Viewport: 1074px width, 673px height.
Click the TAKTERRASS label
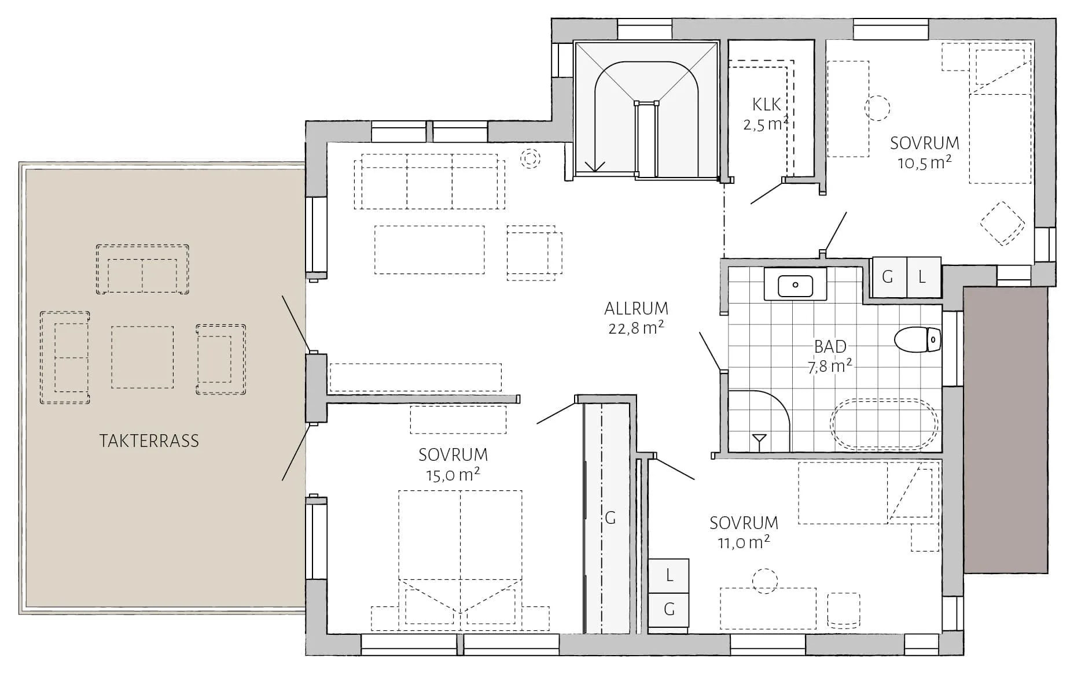(149, 441)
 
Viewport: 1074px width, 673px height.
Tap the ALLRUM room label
(636, 308)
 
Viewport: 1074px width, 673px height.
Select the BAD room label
(830, 346)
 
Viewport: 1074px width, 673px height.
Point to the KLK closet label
(767, 104)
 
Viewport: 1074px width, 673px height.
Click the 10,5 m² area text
(924, 162)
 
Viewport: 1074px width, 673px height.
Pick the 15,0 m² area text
(453, 475)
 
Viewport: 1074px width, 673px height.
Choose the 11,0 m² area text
(744, 542)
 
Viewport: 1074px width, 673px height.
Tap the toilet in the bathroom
(918, 339)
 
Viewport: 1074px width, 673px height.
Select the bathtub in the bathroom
(884, 424)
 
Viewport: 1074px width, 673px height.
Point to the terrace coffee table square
(142, 357)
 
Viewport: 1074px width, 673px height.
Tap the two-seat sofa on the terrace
(142, 269)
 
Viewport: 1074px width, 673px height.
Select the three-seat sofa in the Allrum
(429, 181)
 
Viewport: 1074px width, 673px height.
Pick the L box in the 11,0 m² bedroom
(669, 576)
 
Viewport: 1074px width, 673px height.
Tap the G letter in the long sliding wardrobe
(610, 518)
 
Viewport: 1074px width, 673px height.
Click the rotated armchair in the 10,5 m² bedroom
(1002, 223)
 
